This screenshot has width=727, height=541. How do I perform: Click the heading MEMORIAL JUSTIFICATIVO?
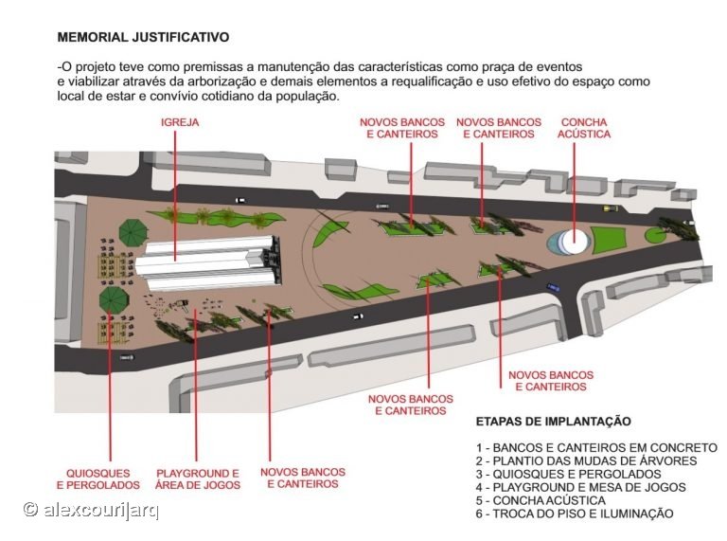[143, 37]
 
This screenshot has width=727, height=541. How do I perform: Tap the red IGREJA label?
[180, 122]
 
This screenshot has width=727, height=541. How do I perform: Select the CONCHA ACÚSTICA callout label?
[584, 128]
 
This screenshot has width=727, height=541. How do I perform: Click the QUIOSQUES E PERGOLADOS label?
[98, 479]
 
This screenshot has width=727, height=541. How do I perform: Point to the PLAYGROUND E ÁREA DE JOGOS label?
[198, 479]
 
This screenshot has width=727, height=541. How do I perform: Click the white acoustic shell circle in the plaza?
[574, 242]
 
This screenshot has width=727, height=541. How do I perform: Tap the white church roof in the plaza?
[205, 262]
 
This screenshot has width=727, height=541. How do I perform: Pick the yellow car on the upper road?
[611, 208]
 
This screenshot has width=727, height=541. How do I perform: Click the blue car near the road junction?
[553, 288]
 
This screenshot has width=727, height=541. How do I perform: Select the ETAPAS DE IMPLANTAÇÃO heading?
[554, 422]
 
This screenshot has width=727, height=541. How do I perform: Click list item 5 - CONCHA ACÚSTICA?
[541, 500]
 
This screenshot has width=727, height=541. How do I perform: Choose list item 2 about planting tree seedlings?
[587, 460]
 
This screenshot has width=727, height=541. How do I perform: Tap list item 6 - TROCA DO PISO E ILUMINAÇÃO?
[575, 514]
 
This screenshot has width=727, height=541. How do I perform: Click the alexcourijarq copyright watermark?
[91, 510]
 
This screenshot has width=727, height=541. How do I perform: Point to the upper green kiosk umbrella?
[133, 231]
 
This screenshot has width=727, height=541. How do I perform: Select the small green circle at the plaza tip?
[656, 235]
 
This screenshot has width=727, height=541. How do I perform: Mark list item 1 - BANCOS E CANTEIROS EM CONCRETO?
[596, 448]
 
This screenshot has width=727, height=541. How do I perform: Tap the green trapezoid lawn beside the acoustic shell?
[611, 240]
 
